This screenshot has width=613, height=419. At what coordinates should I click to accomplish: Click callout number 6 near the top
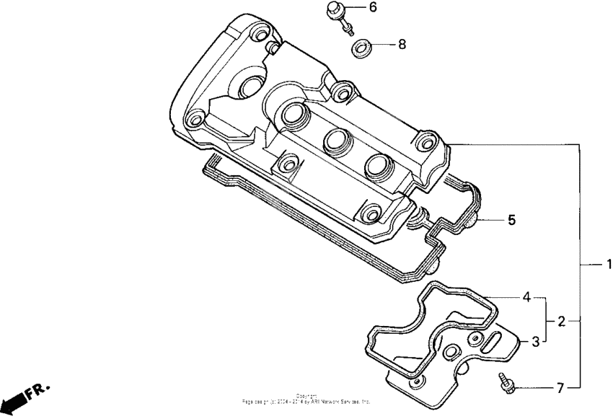tap(372, 8)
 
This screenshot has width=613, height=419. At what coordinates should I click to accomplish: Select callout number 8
tap(402, 44)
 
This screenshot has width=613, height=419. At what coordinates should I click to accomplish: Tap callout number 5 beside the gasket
tap(511, 220)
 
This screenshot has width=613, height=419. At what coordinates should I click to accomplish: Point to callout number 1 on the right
tap(608, 264)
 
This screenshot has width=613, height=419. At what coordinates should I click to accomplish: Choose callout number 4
tap(527, 297)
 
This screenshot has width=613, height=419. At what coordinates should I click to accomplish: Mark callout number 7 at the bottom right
tap(560, 388)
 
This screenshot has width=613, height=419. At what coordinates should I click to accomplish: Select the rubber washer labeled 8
tap(363, 49)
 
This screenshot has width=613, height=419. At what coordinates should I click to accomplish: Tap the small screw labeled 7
tap(506, 383)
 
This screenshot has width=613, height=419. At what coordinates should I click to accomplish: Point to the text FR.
tap(38, 392)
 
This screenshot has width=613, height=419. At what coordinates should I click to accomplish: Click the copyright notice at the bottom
tap(306, 398)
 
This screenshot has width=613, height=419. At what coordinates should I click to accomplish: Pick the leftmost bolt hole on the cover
tap(193, 118)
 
